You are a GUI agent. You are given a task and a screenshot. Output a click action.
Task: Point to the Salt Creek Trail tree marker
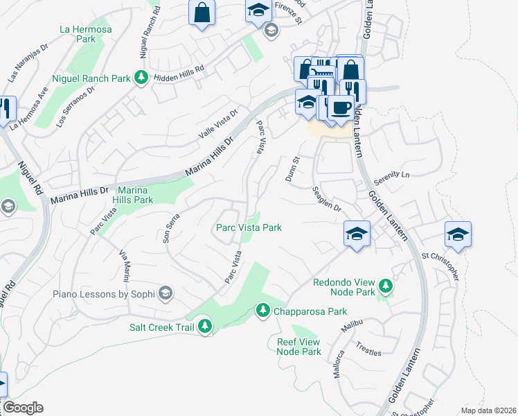click(204, 325)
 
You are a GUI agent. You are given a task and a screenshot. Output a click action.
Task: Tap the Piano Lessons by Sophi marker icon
click(165, 293)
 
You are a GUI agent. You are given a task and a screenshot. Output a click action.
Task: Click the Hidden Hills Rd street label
click(179, 69)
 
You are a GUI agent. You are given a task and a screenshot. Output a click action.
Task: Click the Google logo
click(23, 408)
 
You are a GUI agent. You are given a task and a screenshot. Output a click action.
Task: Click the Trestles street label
click(368, 349)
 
